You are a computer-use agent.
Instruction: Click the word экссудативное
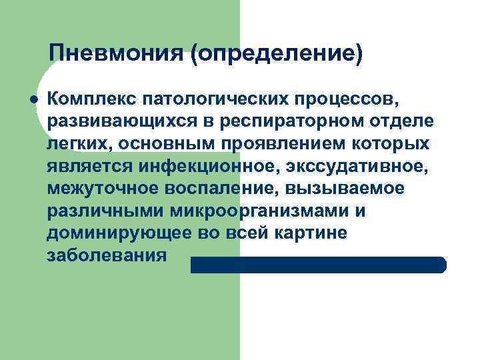pyautogui.click(x=356, y=166)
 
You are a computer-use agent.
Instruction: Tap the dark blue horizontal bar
pyautogui.click(x=318, y=265)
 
